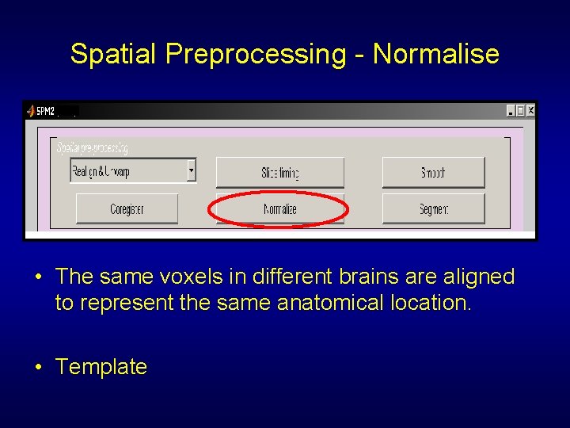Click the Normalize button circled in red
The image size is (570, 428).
coord(279,209)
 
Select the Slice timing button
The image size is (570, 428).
coord(279,172)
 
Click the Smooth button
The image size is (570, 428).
coord(433,172)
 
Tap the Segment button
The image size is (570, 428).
coord(433,209)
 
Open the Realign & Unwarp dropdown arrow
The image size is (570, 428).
coord(191,170)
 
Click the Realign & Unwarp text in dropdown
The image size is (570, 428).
coord(101,171)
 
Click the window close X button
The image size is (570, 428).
coord(530,111)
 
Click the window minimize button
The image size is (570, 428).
coord(510,111)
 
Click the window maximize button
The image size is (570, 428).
coord(520,111)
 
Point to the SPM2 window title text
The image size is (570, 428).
coord(45,111)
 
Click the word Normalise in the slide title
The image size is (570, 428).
coord(436,54)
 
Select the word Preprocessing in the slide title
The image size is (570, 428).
coord(256,54)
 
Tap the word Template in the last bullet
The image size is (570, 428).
coord(101,367)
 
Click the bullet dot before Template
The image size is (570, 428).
coord(38,367)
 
